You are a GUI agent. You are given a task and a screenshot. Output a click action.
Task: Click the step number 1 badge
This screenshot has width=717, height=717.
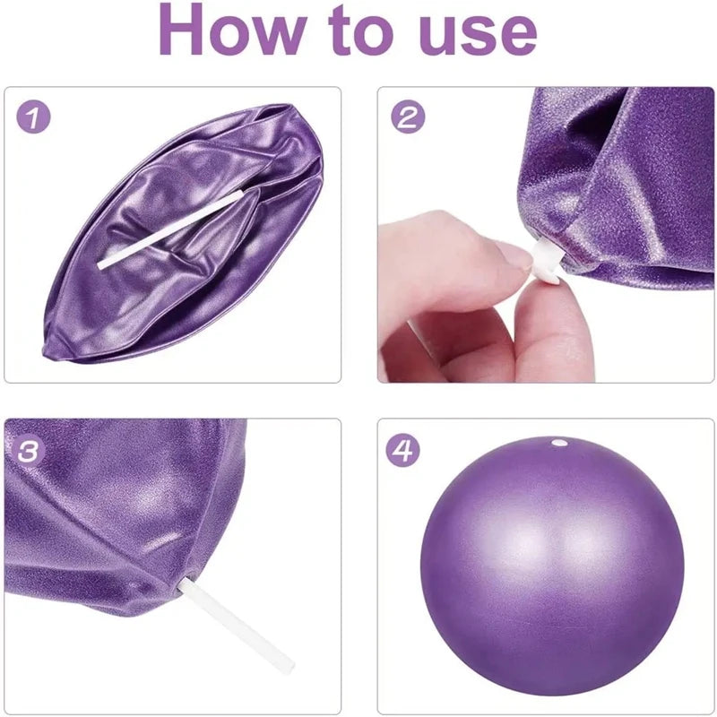pos(33,117)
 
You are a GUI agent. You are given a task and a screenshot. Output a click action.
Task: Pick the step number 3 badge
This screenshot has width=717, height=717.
pos(33,451)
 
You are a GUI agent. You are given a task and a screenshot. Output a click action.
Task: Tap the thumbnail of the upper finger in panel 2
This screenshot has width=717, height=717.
pos(516,256)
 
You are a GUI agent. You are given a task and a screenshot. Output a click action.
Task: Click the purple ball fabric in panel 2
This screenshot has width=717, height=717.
pos(627,179)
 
